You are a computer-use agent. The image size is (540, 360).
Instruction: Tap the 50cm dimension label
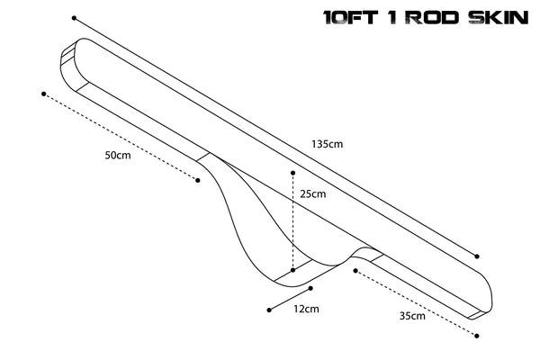click(118, 155)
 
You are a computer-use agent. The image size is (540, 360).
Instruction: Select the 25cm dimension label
click(313, 193)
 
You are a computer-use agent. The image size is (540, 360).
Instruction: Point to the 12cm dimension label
click(307, 310)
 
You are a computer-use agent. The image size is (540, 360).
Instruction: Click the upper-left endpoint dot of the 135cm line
click(75, 17)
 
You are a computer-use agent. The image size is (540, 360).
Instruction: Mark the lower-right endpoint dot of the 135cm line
click(477, 256)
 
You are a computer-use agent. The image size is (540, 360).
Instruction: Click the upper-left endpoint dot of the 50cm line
click(42, 93)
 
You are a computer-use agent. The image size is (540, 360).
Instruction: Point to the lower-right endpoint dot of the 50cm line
click(198, 180)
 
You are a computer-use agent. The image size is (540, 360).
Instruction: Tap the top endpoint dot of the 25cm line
click(292, 170)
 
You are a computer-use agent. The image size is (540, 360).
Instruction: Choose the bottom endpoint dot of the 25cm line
click(292, 269)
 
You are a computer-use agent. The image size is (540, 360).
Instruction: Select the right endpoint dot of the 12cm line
click(310, 289)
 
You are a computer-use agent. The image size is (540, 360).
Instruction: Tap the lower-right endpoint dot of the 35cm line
click(477, 334)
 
